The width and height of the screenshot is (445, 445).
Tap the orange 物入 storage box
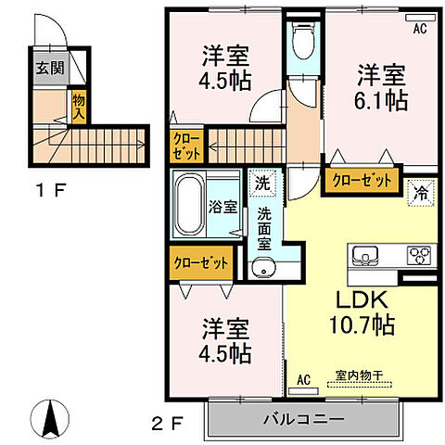click(80, 106)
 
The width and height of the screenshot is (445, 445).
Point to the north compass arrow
click(53, 418)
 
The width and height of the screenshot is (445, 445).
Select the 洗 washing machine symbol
click(264, 183)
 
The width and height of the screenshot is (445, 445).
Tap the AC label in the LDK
click(303, 379)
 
